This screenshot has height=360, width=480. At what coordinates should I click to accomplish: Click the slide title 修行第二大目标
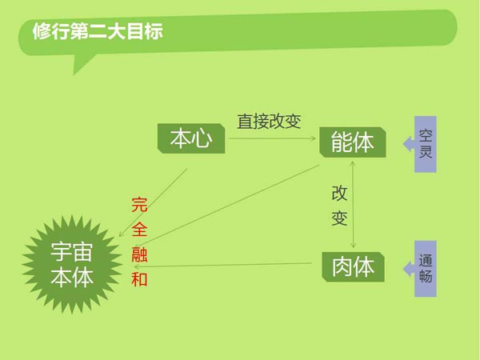click(x=98, y=31)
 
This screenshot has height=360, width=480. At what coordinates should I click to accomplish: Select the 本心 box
click(x=191, y=138)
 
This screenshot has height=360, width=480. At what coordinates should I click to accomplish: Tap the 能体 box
click(x=353, y=142)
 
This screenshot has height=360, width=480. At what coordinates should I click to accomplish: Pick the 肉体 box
click(x=354, y=267)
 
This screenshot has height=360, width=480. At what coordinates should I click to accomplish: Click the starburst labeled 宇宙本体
click(x=72, y=265)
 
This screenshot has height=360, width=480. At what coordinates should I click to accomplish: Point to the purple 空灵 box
click(x=426, y=144)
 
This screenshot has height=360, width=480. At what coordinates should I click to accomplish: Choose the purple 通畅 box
click(x=426, y=269)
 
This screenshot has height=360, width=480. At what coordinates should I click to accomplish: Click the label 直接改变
click(x=269, y=122)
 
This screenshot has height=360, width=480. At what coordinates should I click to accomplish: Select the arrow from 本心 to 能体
click(x=272, y=138)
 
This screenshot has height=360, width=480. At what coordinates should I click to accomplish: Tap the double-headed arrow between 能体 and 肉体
click(x=353, y=205)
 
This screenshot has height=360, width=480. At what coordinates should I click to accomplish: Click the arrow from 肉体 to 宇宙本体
click(x=223, y=265)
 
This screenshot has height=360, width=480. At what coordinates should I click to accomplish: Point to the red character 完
click(x=139, y=205)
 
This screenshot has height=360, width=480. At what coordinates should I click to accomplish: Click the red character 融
click(x=139, y=254)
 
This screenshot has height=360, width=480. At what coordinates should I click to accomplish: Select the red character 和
click(x=139, y=279)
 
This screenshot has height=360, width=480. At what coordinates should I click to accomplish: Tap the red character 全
click(x=139, y=230)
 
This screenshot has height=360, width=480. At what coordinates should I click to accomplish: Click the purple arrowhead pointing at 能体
click(x=409, y=144)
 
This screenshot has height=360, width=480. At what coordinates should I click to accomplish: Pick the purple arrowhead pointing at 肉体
click(x=409, y=269)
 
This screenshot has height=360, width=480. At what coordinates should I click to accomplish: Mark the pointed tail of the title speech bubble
click(x=74, y=74)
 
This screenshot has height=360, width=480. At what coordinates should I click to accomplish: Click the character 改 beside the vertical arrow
click(x=339, y=194)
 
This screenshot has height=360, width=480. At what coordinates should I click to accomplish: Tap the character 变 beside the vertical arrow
click(x=339, y=218)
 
